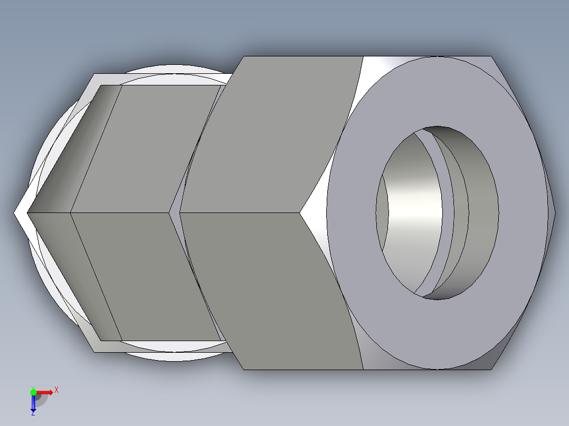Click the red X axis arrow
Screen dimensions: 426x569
point(45,392)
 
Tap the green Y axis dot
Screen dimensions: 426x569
point(33,392)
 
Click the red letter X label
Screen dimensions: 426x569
point(56,390)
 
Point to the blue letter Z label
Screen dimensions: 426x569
point(33,414)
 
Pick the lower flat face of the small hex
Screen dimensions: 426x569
point(148,274)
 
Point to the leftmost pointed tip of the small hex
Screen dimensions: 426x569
point(16,213)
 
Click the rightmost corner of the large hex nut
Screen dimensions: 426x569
point(554,212)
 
